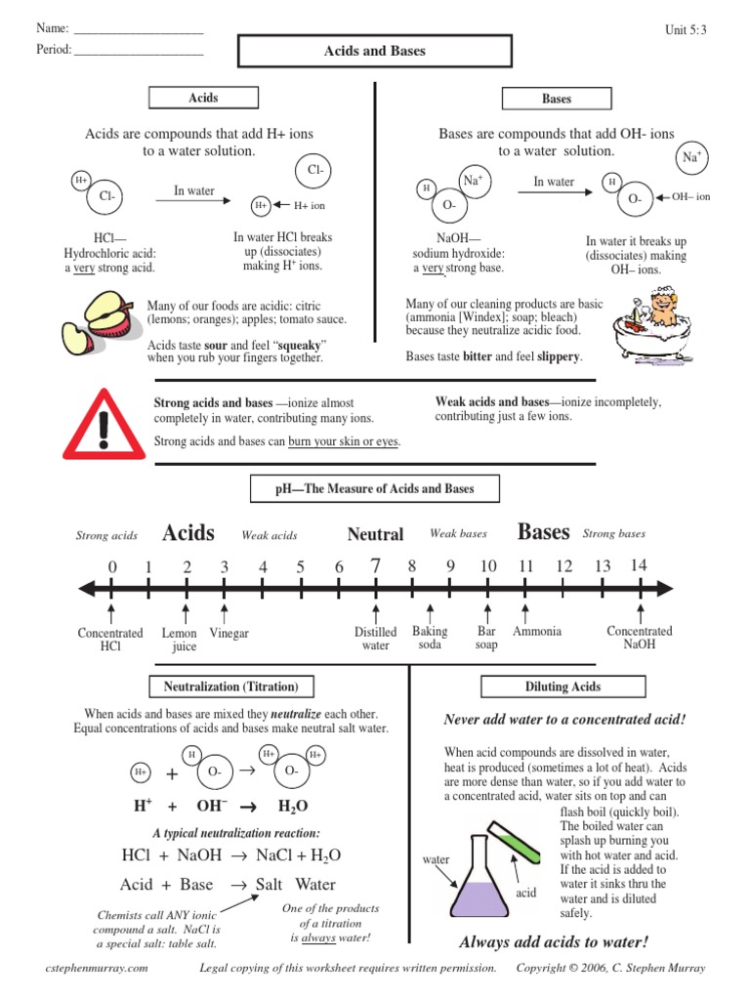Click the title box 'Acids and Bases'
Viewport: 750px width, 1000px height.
374,51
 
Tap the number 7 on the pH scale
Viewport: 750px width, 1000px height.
375,564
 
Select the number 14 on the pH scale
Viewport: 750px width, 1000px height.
639,564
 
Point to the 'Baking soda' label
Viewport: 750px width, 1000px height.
430,638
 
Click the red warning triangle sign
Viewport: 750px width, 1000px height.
103,423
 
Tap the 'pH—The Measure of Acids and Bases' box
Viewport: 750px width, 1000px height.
375,489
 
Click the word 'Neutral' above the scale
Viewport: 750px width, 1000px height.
375,534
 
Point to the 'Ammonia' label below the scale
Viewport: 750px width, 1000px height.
536,632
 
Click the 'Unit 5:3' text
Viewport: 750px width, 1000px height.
685,30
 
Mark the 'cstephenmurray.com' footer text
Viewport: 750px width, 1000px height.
98,968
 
